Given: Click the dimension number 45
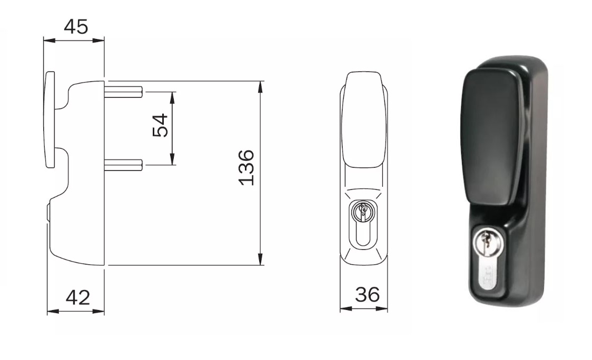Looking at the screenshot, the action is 76,27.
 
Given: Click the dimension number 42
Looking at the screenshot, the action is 78,298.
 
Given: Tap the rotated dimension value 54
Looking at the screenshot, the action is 160,125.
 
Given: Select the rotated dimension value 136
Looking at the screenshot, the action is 246,167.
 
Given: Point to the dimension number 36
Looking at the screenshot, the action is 367,294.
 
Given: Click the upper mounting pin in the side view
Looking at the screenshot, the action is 123,92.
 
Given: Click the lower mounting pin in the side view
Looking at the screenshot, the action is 123,165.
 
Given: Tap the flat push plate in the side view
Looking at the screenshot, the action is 50,119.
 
